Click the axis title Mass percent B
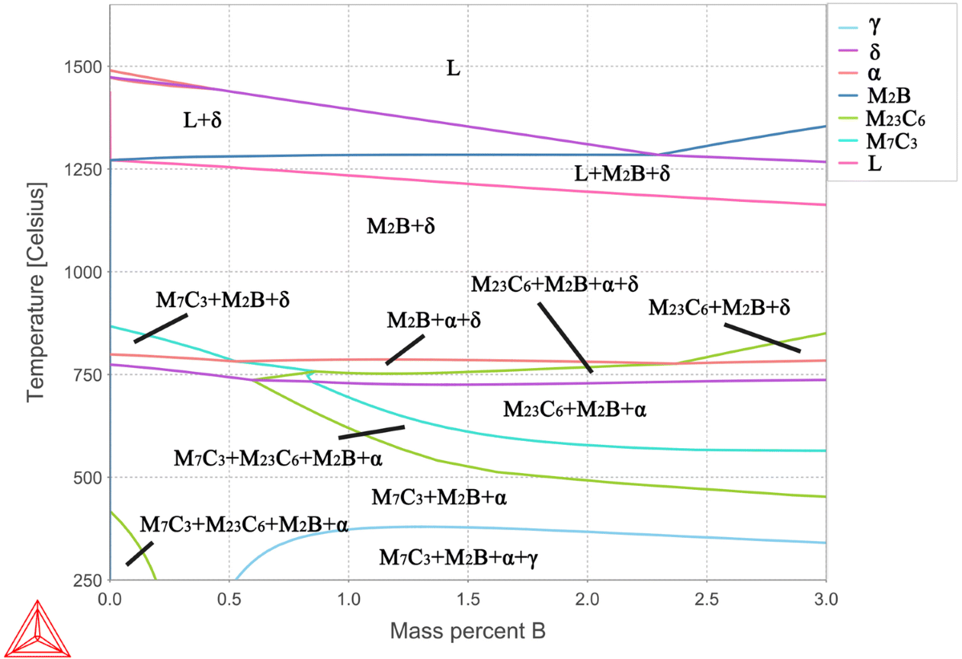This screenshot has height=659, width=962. click(x=468, y=631)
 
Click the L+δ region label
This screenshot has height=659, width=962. click(x=202, y=121)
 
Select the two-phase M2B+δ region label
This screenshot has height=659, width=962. click(x=401, y=226)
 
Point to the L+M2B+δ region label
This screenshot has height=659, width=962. click(x=622, y=172)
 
